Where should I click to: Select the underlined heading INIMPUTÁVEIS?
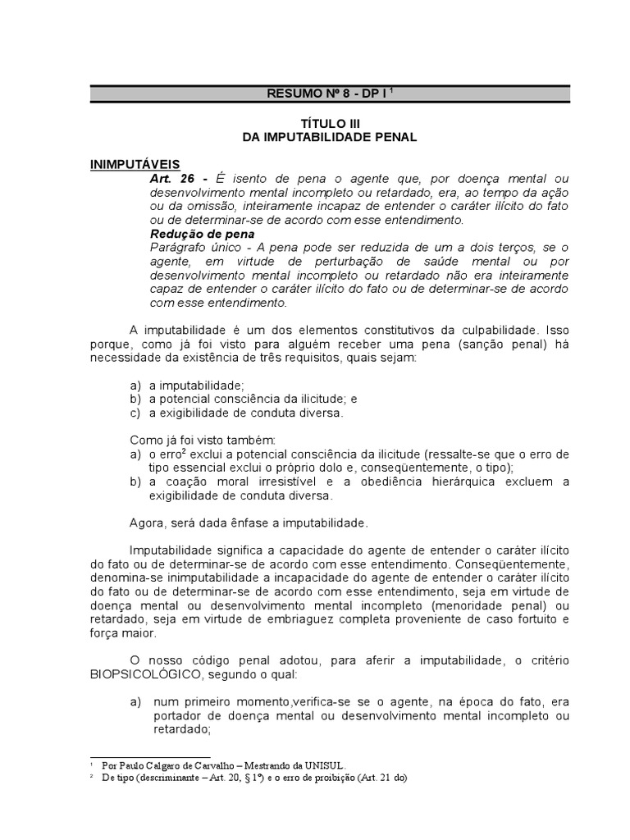(x=135, y=164)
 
